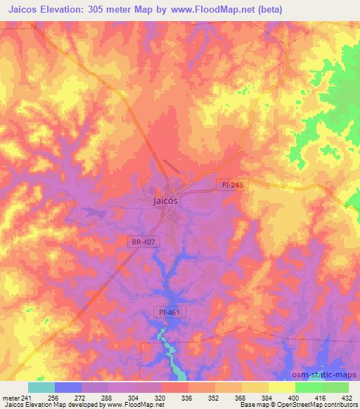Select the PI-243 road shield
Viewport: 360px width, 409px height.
tap(229, 184)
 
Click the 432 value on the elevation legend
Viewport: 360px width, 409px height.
tap(347, 398)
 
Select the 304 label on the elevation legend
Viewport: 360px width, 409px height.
tap(134, 398)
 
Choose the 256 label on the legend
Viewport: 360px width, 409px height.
tap(54, 398)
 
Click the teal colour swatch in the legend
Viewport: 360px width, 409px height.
tap(41, 387)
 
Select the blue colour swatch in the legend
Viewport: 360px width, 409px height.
tap(68, 387)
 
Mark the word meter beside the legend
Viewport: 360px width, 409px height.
tap(10, 398)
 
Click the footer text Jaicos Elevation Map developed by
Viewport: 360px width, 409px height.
tap(47, 405)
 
